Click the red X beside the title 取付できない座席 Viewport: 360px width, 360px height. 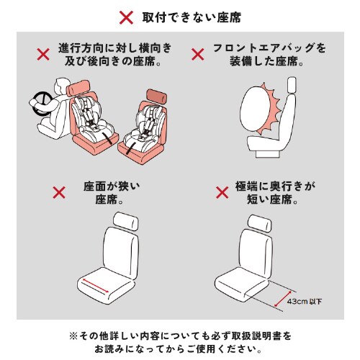(126, 16)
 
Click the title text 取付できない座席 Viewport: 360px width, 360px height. (190, 16)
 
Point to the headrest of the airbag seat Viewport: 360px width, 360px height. (294, 85)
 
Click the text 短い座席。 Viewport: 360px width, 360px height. (270, 202)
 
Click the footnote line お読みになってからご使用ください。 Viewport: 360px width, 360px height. (180, 349)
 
